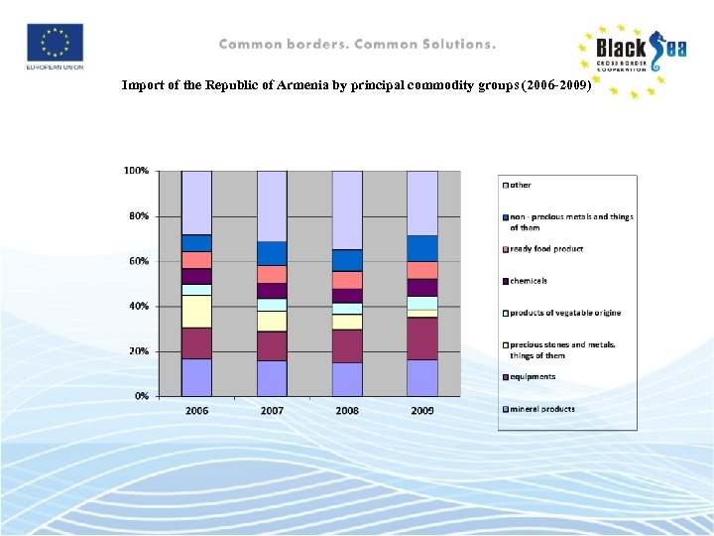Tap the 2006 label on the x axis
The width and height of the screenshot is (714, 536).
click(x=196, y=410)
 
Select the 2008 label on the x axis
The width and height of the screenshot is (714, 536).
click(x=347, y=410)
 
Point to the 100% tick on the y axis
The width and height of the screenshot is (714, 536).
click(x=136, y=171)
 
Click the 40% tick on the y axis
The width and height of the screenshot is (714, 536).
click(x=139, y=307)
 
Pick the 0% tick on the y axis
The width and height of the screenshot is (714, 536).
click(x=142, y=396)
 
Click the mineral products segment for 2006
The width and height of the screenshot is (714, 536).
click(x=196, y=377)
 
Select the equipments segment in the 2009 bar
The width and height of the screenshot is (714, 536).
click(x=422, y=338)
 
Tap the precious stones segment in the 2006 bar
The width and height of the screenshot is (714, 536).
click(x=196, y=311)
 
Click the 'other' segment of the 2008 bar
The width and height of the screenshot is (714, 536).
click(x=347, y=209)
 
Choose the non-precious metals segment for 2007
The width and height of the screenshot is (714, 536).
click(x=272, y=253)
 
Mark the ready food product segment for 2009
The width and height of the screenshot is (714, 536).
click(x=422, y=270)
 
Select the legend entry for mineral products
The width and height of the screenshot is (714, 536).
click(x=541, y=409)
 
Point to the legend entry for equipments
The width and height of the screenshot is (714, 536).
click(x=533, y=377)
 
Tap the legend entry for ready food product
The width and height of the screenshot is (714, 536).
click(x=546, y=249)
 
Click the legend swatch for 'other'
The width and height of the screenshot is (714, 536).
click(x=506, y=186)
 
